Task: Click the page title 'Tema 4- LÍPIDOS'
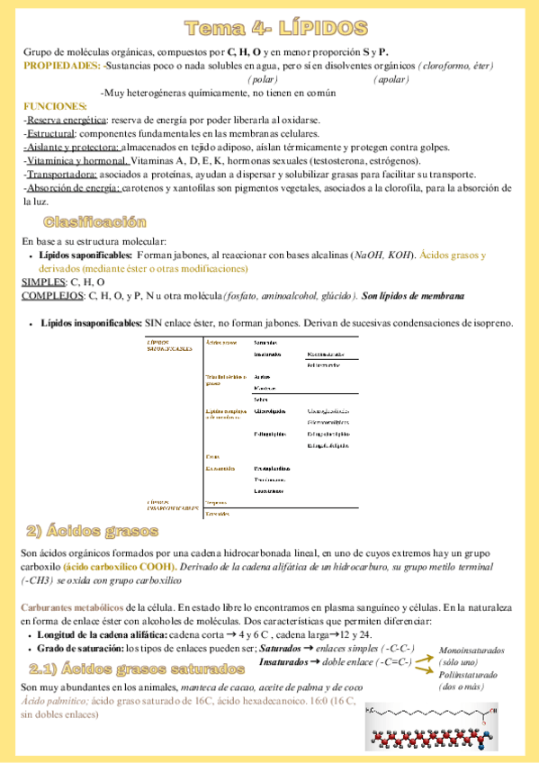pyautogui.click(x=270, y=26)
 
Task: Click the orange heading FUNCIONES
pyautogui.click(x=54, y=106)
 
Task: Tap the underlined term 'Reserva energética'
pyautogui.click(x=66, y=120)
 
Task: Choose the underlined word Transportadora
pyautogui.click(x=62, y=174)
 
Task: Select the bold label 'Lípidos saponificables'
pyautogui.click(x=85, y=256)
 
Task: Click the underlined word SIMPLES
pyautogui.click(x=42, y=282)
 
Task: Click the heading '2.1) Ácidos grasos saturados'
pyautogui.click(x=136, y=669)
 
